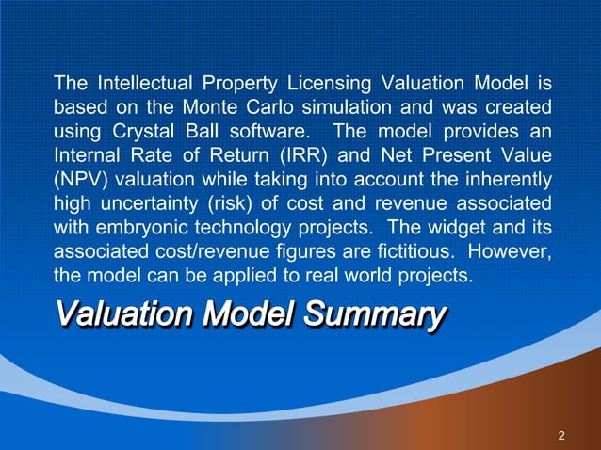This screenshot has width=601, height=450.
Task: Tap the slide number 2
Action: click(x=561, y=435)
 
